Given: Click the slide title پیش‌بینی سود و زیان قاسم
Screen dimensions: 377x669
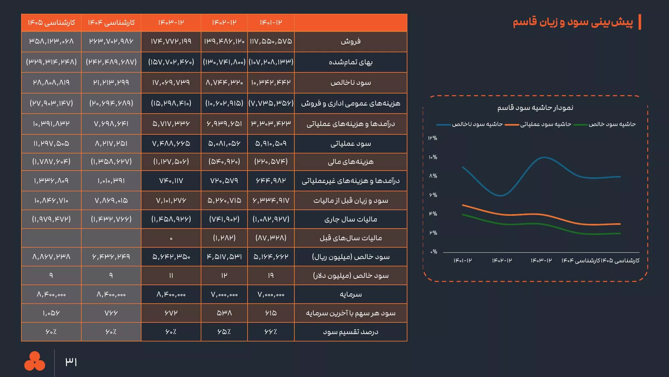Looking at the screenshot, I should (573, 22).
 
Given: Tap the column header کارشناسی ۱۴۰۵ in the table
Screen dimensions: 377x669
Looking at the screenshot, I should (51, 22).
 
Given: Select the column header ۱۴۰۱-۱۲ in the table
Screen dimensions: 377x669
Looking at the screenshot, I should (271, 22).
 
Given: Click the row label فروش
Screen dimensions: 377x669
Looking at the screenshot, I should (351, 42).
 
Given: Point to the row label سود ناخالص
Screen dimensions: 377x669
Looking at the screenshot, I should (351, 82).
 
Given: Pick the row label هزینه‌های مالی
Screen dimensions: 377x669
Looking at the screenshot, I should (351, 162).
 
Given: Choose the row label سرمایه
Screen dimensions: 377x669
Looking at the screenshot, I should (351, 294).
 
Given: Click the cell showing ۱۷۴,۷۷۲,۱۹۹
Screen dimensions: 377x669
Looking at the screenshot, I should (171, 42).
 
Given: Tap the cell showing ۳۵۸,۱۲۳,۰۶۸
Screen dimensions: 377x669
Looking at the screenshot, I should (51, 42).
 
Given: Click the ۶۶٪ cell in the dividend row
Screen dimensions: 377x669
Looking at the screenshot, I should (271, 332).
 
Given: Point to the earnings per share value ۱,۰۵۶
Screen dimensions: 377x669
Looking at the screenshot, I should (51, 313).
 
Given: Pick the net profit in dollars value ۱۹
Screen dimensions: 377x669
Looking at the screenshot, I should (271, 275).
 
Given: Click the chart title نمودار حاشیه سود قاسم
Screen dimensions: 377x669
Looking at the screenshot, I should (535, 108).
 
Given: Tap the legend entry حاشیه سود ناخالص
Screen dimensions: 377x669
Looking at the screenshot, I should (477, 124).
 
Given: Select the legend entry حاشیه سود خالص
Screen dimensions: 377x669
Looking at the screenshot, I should (612, 124).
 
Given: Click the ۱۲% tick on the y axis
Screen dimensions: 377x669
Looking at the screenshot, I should (433, 138).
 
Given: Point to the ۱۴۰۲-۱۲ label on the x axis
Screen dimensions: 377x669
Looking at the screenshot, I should (502, 260).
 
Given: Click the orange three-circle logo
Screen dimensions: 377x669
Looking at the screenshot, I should (34, 361).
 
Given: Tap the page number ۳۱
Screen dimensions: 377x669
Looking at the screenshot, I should (71, 362).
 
